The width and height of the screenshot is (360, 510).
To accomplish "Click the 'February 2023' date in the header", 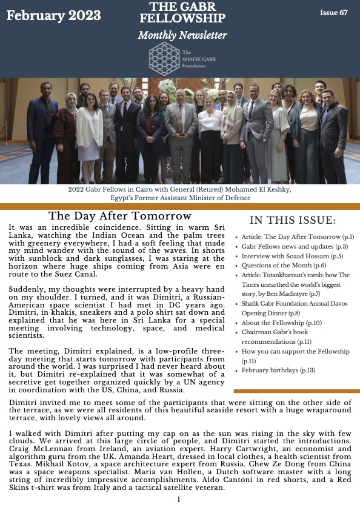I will [x=54, y=16].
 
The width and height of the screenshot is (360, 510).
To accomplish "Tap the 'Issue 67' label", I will [x=334, y=13].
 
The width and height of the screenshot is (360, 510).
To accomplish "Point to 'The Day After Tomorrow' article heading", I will [x=120, y=216].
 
